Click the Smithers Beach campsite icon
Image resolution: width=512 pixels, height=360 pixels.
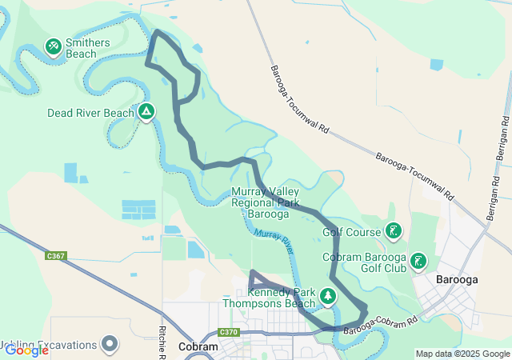coord(54,47)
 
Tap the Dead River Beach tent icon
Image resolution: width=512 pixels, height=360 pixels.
coord(146,111)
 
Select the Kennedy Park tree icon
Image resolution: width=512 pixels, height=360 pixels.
coord(328,297)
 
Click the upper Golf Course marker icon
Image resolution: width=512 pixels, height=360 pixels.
coord(393,232)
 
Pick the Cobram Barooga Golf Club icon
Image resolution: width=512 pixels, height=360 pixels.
coord(418,262)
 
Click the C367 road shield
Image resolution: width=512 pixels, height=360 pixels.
coord(56,256)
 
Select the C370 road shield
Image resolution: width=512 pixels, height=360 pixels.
coord(229,332)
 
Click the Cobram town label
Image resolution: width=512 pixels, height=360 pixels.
coord(198,347)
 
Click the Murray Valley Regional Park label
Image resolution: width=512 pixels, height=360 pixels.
coord(266,203)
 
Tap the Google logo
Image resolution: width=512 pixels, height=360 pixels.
coord(26,350)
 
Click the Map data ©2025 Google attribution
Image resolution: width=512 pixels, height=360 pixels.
coord(462,354)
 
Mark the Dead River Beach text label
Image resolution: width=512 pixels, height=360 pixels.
coord(90,113)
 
